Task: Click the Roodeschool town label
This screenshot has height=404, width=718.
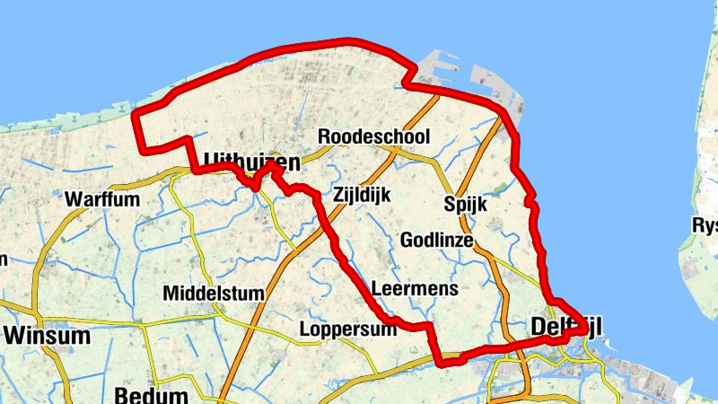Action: (374, 137)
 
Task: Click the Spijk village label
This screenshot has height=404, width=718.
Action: (465, 205)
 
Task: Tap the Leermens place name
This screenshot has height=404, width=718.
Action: (415, 289)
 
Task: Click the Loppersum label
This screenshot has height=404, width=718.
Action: (348, 329)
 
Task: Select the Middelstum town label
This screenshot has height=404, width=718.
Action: (214, 294)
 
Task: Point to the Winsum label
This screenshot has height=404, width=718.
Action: (48, 337)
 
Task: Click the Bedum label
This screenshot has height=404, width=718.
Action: (152, 395)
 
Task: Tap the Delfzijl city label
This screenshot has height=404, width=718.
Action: (565, 327)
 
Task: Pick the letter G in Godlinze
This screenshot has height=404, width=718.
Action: (407, 241)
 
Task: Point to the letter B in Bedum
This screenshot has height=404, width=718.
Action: (122, 395)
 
